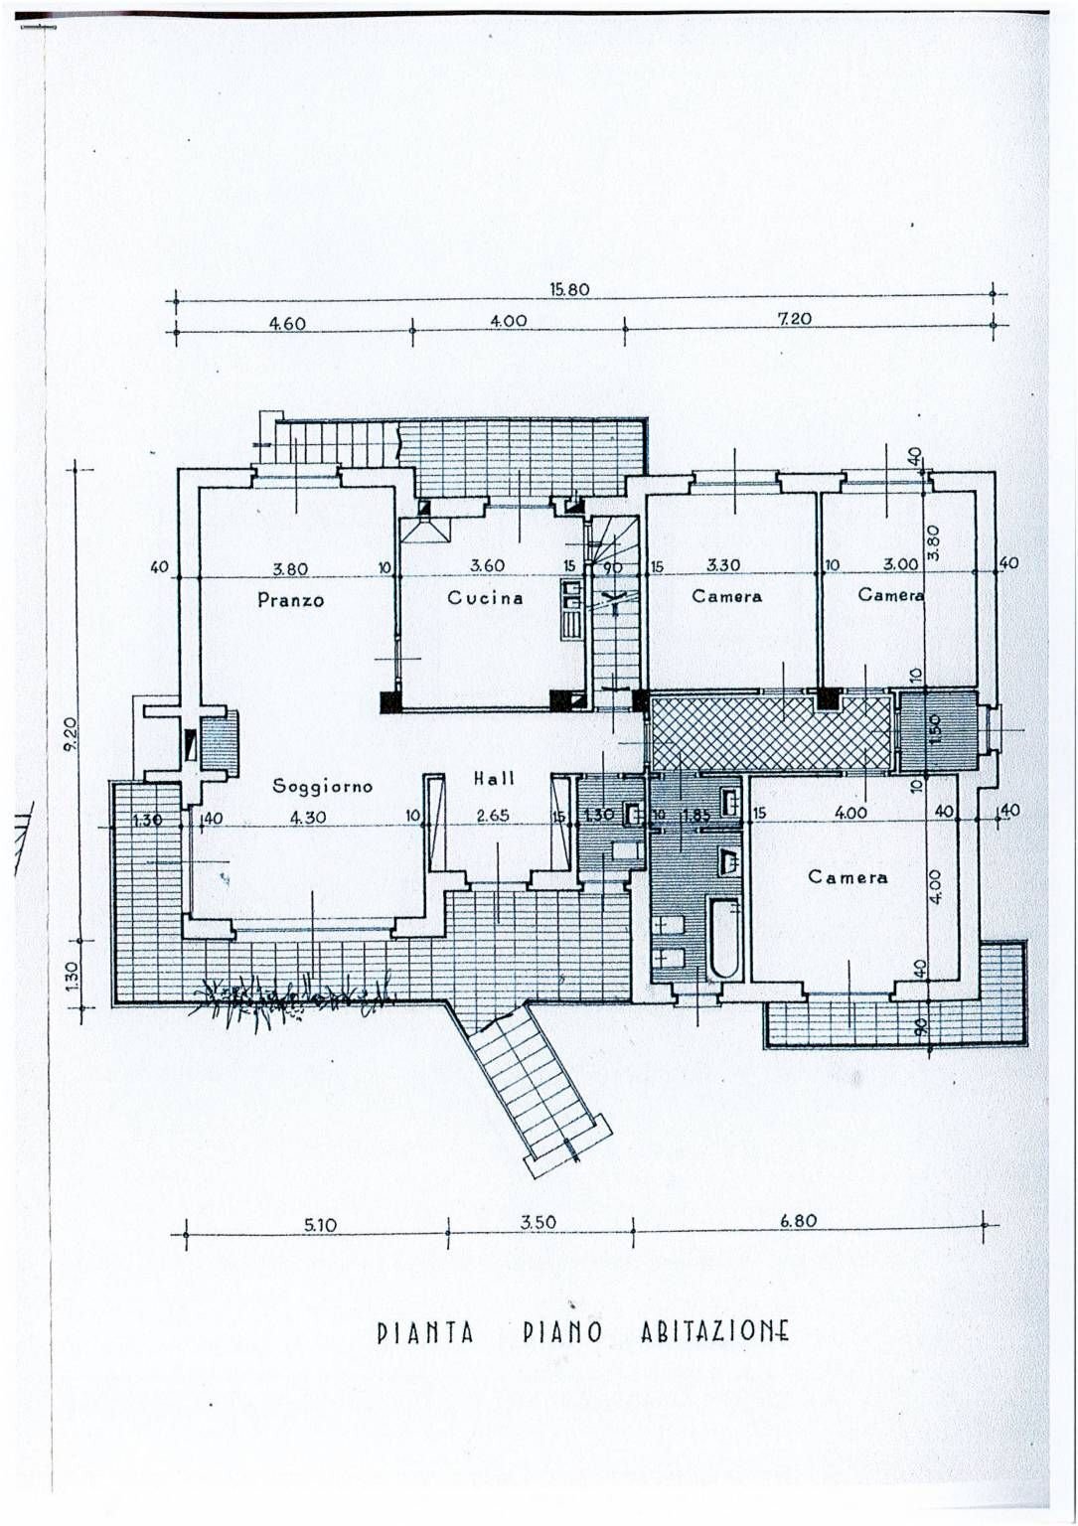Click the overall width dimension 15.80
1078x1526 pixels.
pos(569,290)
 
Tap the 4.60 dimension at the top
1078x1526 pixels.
pos(287,323)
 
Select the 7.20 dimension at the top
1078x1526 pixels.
pos(794,319)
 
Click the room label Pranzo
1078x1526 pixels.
pos(290,600)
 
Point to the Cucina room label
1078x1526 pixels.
pos(485,598)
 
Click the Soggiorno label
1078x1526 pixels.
pos(322,786)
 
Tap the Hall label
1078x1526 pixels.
pos(494,779)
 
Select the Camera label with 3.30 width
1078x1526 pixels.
pos(727,596)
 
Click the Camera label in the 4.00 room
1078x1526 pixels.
pos(847,877)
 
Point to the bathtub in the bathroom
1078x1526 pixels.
pos(724,937)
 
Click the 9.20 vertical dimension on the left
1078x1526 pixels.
pos(69,734)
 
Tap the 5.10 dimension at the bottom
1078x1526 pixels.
pos(320,1225)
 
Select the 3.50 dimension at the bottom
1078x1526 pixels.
pos(538,1222)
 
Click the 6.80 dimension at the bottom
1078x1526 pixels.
pos(798,1220)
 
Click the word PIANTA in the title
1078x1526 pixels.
pos(425,1332)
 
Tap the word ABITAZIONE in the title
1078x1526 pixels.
pos(714,1331)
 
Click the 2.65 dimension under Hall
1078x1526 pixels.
pos(492,816)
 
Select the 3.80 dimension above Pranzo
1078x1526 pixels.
pos(290,569)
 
